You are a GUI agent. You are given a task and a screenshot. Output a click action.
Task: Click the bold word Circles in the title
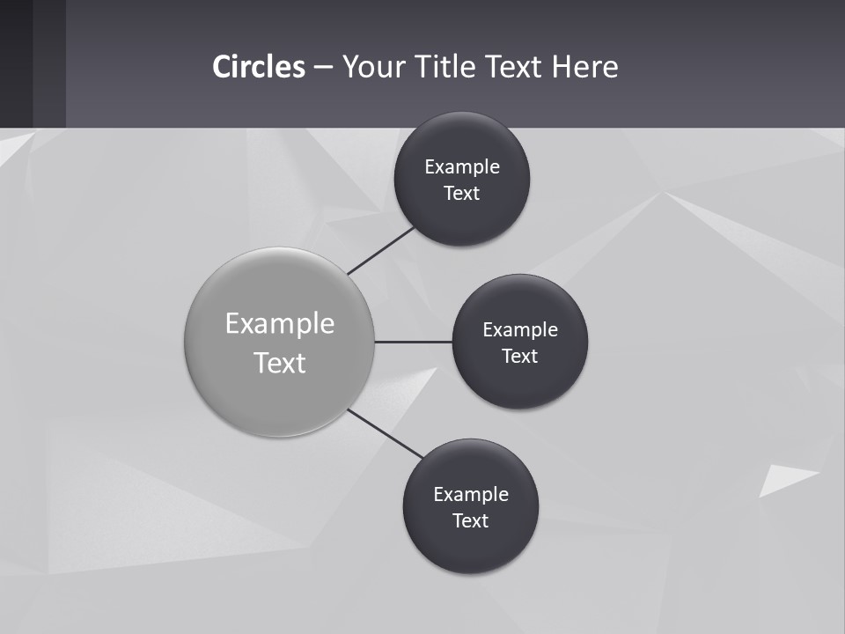(x=258, y=67)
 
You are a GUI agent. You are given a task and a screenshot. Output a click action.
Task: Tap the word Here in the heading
(x=584, y=67)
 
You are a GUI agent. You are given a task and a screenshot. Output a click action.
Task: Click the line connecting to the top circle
(x=381, y=250)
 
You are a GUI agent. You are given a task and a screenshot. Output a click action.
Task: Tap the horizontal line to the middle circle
(x=413, y=342)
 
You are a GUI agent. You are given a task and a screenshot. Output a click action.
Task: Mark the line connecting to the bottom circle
(x=386, y=434)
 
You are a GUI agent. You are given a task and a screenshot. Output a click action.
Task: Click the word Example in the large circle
(x=280, y=324)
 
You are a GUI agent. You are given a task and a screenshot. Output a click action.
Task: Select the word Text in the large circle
(x=280, y=363)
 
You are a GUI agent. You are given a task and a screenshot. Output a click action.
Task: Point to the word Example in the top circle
(x=462, y=167)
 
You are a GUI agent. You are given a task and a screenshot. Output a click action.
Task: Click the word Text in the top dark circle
(x=462, y=194)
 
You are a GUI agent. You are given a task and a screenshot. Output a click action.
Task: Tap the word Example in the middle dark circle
(x=520, y=330)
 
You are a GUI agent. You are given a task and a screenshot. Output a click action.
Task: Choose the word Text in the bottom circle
(x=471, y=521)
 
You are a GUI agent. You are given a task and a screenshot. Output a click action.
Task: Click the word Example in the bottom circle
(x=471, y=495)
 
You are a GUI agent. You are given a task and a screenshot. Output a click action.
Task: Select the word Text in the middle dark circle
(x=520, y=357)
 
